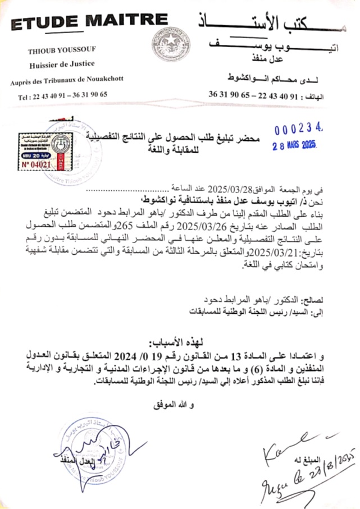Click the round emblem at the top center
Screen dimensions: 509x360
[171, 44]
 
